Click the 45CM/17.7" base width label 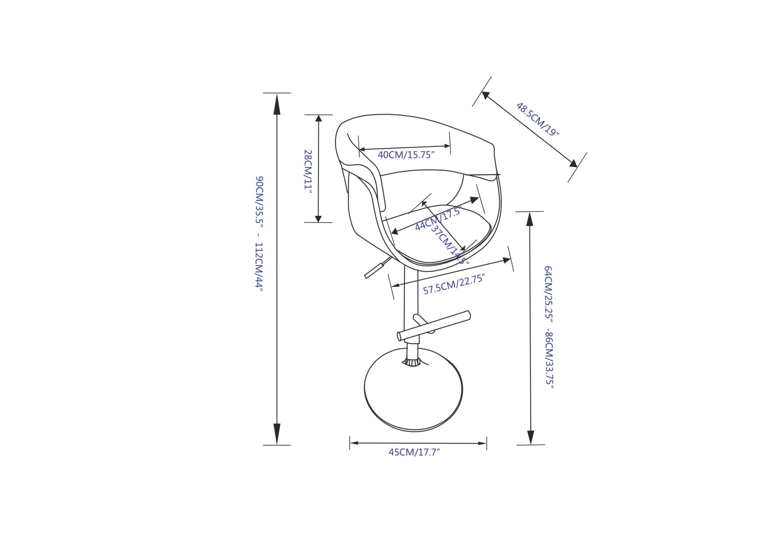click(x=414, y=452)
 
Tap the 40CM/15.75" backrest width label click(x=406, y=155)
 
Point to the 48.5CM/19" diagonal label click(x=537, y=119)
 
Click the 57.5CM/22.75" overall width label click(x=454, y=284)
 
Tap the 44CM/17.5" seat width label click(x=438, y=219)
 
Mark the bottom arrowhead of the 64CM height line click(x=531, y=437)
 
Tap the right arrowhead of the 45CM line click(x=482, y=443)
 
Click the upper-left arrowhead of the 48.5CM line click(x=486, y=95)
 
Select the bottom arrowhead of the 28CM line click(x=318, y=218)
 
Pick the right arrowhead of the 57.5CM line click(x=507, y=260)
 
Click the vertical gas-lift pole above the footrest click(x=411, y=295)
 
